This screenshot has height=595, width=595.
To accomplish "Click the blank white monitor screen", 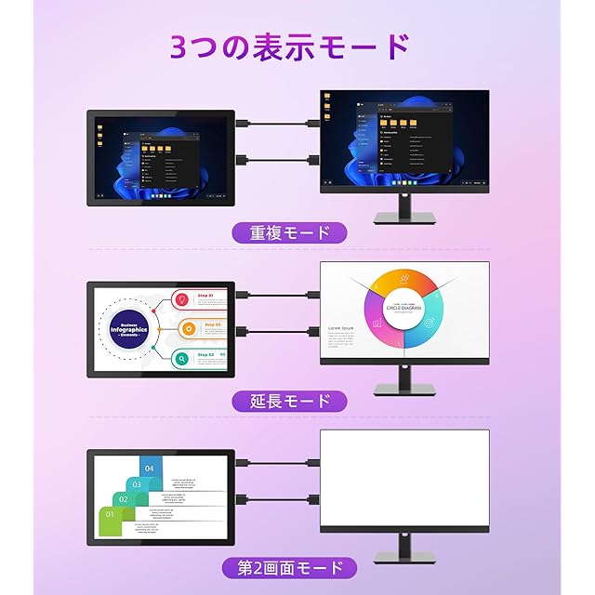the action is pyautogui.click(x=403, y=480).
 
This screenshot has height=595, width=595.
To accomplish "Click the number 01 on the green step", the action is pyautogui.click(x=110, y=514).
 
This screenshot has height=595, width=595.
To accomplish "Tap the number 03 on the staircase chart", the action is pyautogui.click(x=137, y=483).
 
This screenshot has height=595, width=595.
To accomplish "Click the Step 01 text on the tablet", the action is pyautogui.click(x=205, y=295).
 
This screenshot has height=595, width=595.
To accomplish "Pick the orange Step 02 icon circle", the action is pyautogui.click(x=189, y=327).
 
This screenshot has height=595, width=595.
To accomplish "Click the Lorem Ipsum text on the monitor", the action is pyautogui.click(x=340, y=329).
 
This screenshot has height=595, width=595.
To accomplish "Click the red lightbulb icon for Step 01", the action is pyautogui.click(x=182, y=299).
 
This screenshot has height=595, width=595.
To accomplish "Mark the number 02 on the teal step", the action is pyautogui.click(x=124, y=499).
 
